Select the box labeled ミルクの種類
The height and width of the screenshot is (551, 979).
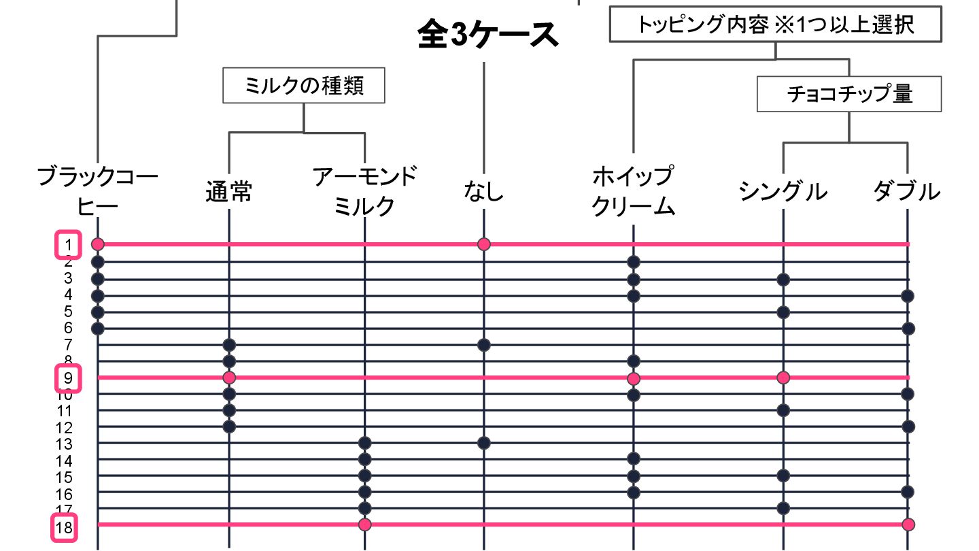[303, 85]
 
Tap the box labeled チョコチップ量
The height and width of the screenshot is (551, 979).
[849, 94]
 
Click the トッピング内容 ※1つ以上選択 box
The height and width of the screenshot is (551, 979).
[775, 25]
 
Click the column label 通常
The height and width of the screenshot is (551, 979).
[228, 192]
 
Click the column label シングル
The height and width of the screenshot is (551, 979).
[783, 192]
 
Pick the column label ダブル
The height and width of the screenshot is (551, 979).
[907, 192]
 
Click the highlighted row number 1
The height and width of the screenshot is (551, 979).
[68, 245]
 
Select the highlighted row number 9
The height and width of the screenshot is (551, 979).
[68, 378]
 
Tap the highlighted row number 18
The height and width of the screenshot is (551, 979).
[65, 528]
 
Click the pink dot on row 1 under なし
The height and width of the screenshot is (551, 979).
[483, 244]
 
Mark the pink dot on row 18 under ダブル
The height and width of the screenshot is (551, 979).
[908, 524]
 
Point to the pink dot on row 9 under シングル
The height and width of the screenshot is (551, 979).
[783, 377]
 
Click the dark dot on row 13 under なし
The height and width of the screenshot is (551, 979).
[483, 443]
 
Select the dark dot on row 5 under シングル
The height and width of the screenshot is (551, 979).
[783, 312]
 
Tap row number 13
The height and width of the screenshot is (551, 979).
[65, 445]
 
